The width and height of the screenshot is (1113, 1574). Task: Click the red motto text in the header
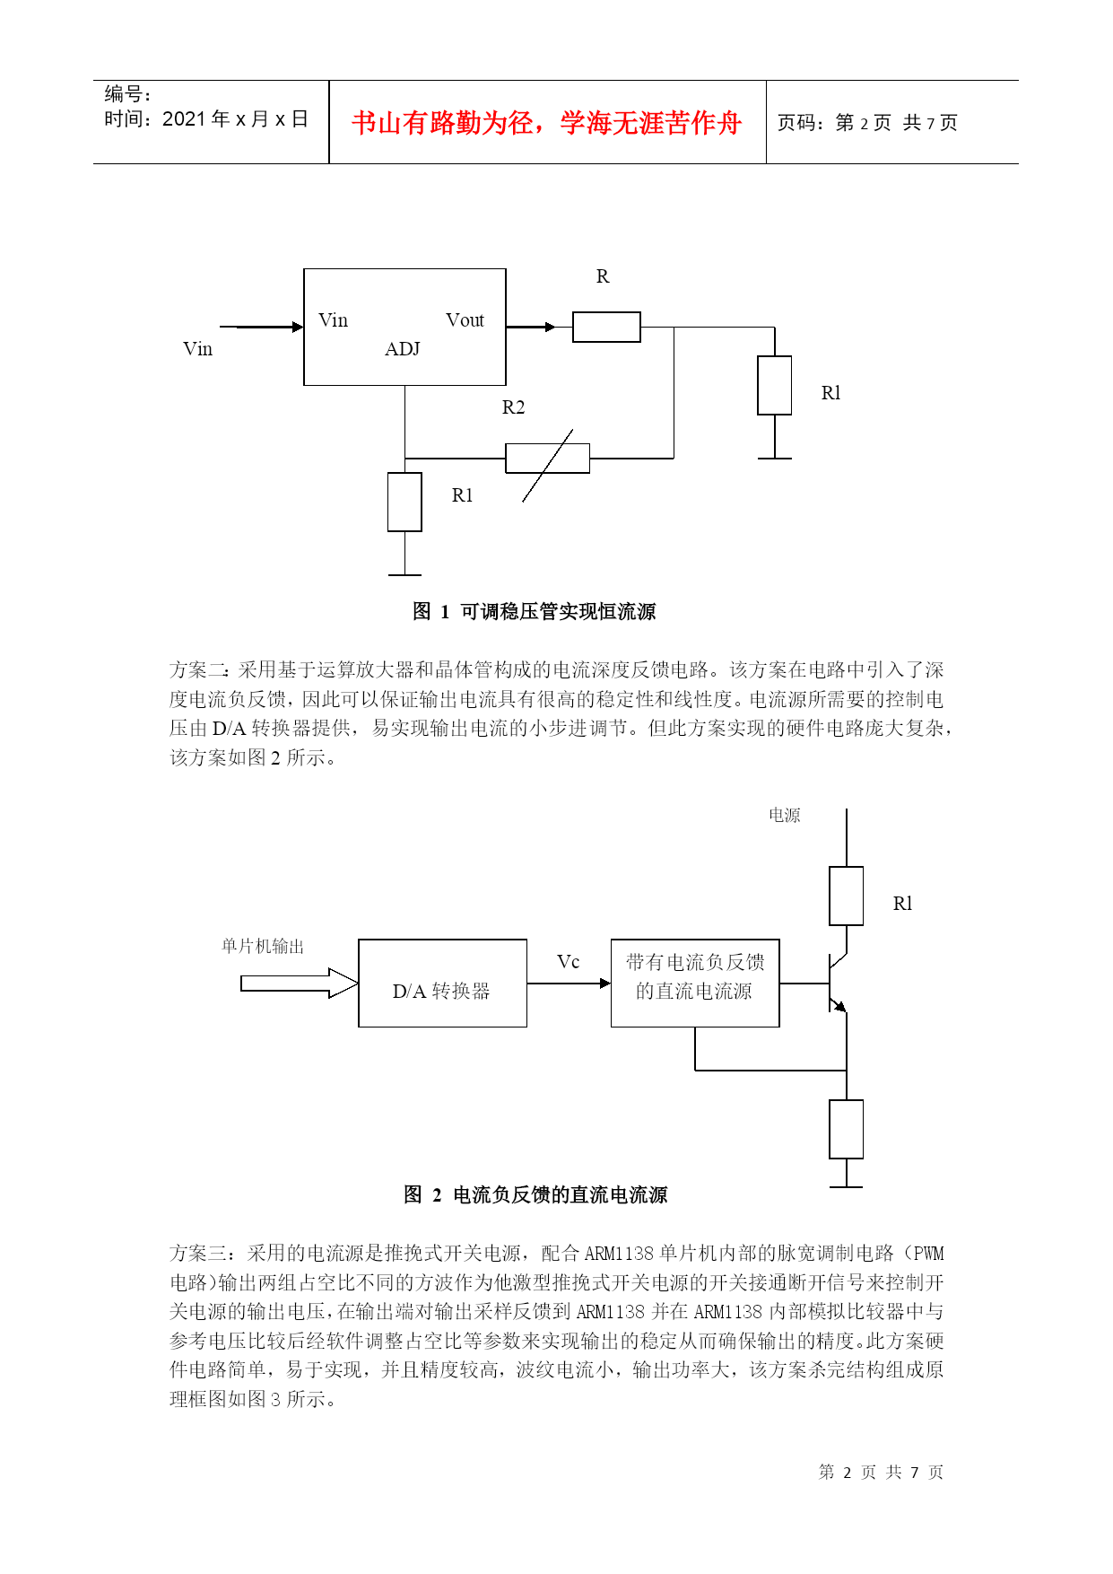[546, 123]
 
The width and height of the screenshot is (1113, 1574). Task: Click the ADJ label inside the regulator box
[403, 349]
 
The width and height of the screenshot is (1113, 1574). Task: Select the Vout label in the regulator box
[465, 320]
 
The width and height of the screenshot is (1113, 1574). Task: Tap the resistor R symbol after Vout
[606, 327]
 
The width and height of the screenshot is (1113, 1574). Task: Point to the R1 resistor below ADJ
[404, 502]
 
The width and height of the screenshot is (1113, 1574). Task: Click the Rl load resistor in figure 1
[775, 385]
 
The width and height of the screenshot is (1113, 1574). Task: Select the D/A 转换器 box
[442, 983]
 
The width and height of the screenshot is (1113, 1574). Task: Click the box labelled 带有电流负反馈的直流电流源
[695, 983]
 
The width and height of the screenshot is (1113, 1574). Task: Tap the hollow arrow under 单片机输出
[300, 984]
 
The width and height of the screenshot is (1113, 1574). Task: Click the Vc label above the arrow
[569, 962]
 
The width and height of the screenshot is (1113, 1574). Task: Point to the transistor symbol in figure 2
[838, 984]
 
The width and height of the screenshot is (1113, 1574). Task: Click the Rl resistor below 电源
[847, 896]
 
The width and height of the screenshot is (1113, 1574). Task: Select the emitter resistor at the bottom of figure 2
[847, 1129]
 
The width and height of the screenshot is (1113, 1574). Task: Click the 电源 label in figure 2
[785, 815]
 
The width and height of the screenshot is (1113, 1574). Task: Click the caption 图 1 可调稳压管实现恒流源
[535, 612]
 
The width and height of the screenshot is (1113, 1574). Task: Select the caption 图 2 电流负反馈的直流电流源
[535, 1195]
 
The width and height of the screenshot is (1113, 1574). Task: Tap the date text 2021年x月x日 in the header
[235, 119]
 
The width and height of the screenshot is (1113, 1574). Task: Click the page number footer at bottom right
[881, 1472]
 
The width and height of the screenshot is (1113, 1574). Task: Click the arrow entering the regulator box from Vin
[262, 327]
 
